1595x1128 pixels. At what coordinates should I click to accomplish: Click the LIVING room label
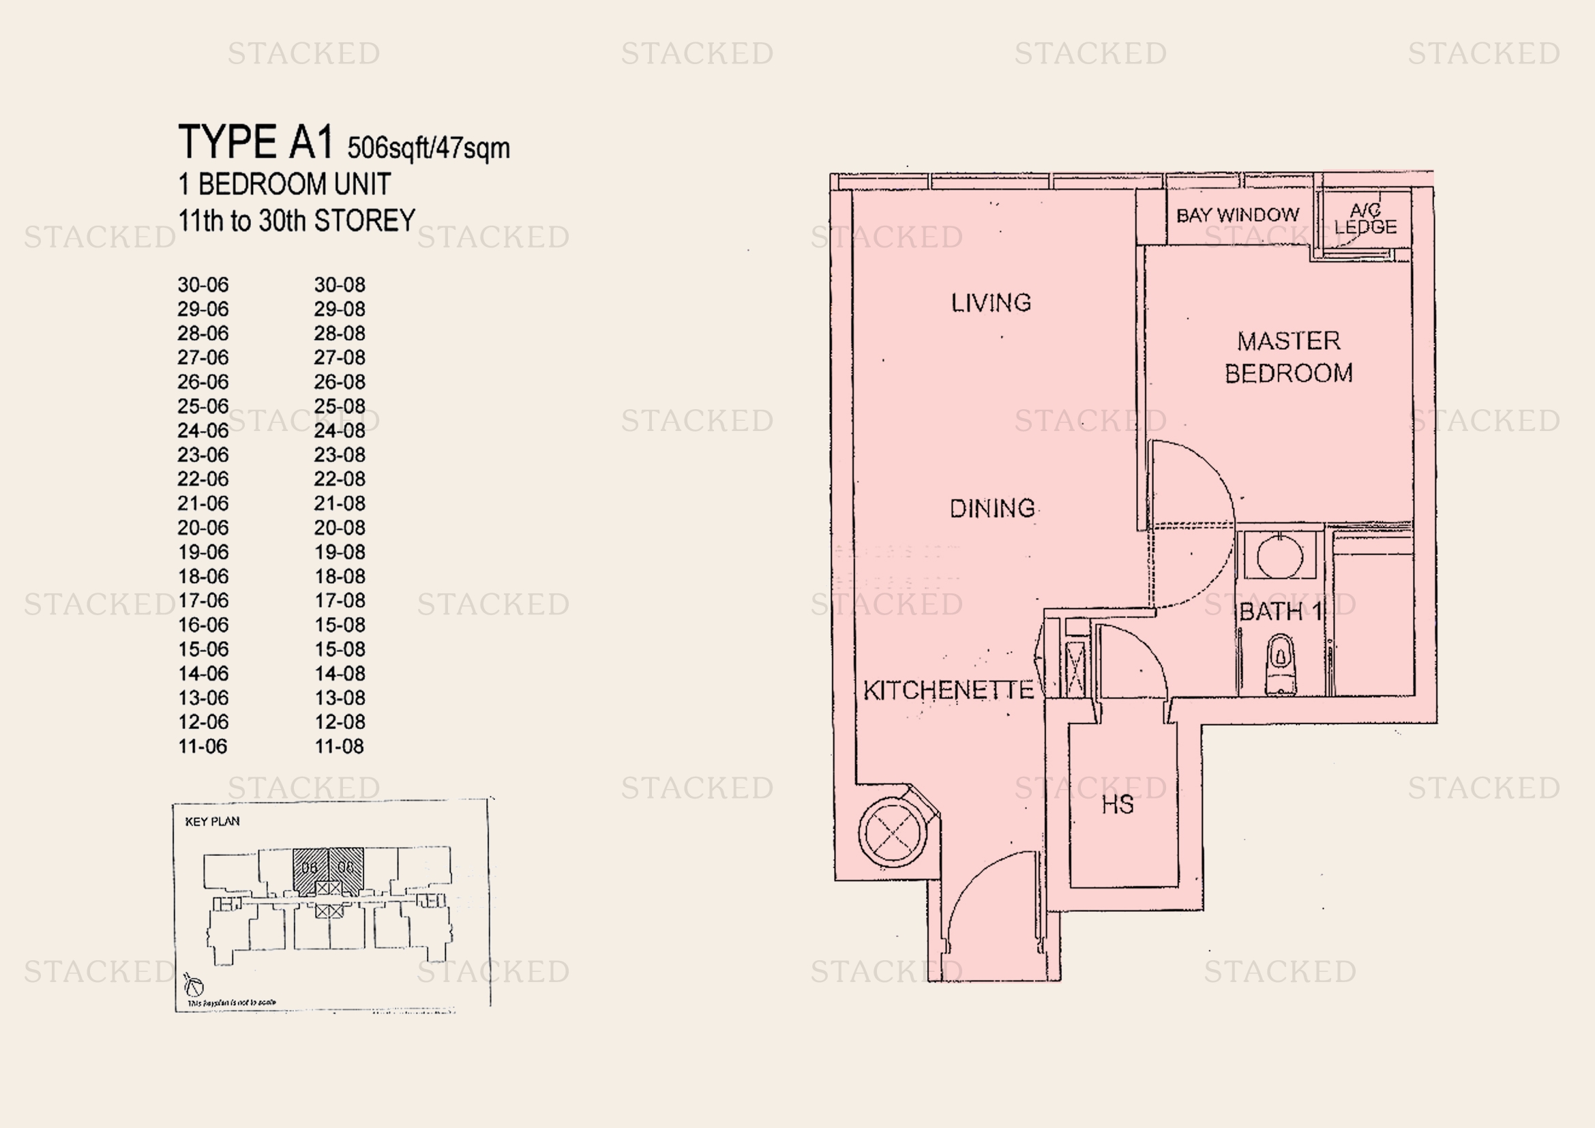pyautogui.click(x=991, y=303)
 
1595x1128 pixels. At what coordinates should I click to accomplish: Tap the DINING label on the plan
pyautogui.click(x=992, y=509)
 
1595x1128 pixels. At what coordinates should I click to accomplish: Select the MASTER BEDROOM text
pyautogui.click(x=1289, y=357)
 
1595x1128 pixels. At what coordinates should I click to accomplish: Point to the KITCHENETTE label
pyautogui.click(x=949, y=690)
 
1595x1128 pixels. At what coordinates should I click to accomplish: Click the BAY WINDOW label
pyautogui.click(x=1237, y=216)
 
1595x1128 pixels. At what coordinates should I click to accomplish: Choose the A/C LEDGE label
pyautogui.click(x=1365, y=219)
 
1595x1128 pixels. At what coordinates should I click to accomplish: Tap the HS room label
pyautogui.click(x=1117, y=805)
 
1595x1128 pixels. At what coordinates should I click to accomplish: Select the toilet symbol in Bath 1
pyautogui.click(x=1281, y=664)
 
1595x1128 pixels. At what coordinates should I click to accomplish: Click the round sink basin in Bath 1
pyautogui.click(x=1279, y=556)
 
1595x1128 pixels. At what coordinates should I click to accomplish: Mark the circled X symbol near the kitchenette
pyautogui.click(x=893, y=831)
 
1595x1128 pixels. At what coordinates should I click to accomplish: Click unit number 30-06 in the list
pyautogui.click(x=203, y=285)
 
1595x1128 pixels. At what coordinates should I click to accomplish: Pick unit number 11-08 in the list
pyautogui.click(x=339, y=747)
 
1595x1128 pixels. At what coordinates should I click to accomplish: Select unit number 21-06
pyautogui.click(x=203, y=503)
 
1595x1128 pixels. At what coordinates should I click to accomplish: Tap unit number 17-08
pyautogui.click(x=339, y=600)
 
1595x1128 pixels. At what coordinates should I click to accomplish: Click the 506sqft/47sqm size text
pyautogui.click(x=428, y=148)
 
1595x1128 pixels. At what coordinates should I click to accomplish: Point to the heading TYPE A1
pyautogui.click(x=256, y=143)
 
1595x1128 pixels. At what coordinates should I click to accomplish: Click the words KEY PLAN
pyautogui.click(x=212, y=822)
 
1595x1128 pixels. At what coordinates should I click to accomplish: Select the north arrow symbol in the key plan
pyautogui.click(x=194, y=985)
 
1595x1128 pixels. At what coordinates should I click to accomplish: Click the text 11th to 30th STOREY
pyautogui.click(x=297, y=221)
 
